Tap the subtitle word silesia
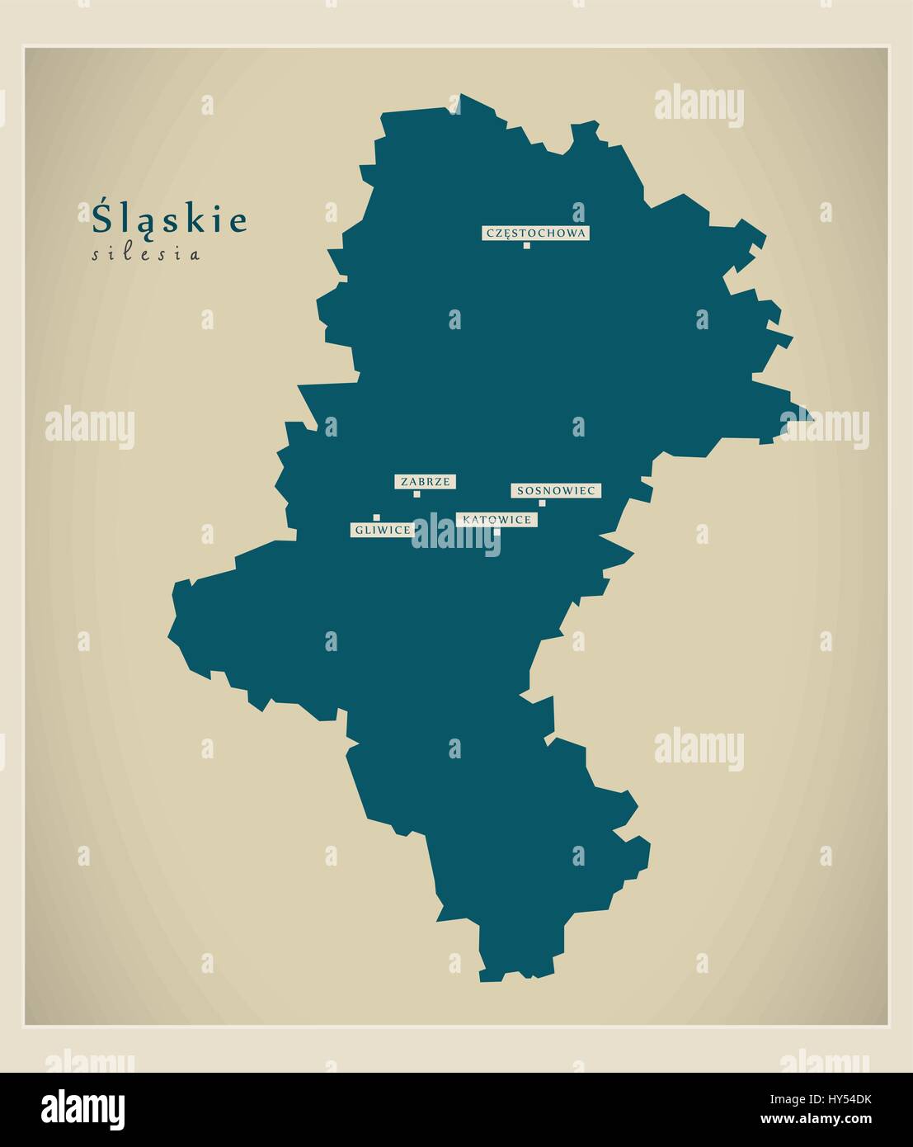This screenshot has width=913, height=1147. (x=145, y=254)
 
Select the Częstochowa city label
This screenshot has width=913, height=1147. (x=536, y=233)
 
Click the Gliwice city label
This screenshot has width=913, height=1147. (x=382, y=530)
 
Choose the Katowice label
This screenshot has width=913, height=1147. (x=497, y=519)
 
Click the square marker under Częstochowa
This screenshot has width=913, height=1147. (x=526, y=245)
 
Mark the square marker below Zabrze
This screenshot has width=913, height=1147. (x=416, y=494)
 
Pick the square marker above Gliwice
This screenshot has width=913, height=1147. (x=376, y=517)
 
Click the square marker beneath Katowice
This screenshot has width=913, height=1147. (x=496, y=531)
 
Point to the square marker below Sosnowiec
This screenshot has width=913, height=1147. (x=542, y=503)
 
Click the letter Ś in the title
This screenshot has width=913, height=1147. (x=102, y=218)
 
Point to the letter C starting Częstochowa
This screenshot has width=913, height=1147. (x=490, y=234)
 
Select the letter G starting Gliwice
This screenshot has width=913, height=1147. (x=360, y=530)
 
